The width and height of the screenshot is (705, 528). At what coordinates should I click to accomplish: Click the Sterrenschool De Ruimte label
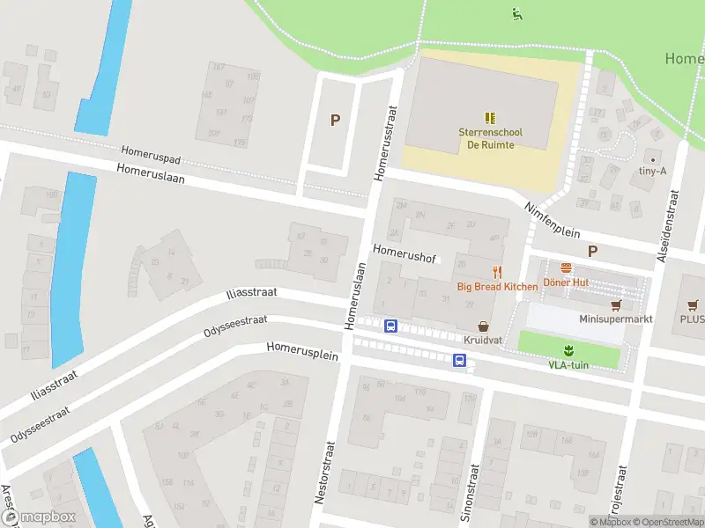(x=490, y=138)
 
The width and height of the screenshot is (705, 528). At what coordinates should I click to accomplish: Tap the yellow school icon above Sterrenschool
(x=491, y=117)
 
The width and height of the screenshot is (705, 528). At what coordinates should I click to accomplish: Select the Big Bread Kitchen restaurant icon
(x=497, y=272)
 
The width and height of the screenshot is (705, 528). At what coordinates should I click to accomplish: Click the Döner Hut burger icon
(x=566, y=268)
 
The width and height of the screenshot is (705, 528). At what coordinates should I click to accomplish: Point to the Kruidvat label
(x=482, y=339)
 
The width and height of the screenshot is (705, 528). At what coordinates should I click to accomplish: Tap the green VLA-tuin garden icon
(x=568, y=349)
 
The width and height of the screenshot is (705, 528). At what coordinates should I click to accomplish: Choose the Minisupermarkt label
(x=616, y=319)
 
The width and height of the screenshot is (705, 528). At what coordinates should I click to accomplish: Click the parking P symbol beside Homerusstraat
(x=335, y=121)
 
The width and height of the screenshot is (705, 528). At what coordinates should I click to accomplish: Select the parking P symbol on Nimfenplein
(x=593, y=251)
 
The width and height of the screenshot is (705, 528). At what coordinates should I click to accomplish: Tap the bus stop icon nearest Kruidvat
(x=459, y=359)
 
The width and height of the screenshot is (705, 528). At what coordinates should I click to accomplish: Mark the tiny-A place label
(x=652, y=172)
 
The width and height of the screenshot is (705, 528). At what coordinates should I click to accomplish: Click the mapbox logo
(x=42, y=517)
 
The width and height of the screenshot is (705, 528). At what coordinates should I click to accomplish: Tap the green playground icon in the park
(x=516, y=13)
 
